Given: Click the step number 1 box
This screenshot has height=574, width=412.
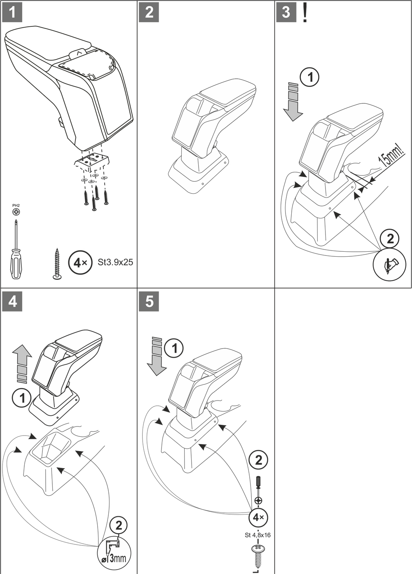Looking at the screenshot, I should click(x=12, y=12).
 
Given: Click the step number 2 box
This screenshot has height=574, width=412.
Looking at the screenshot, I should click(x=149, y=12).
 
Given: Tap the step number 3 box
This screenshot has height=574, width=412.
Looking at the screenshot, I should click(x=286, y=12).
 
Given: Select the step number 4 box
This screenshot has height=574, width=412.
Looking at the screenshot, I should click(x=12, y=301).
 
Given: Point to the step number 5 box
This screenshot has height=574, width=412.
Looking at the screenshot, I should click(x=149, y=301).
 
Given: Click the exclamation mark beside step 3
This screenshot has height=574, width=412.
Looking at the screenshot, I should click(x=304, y=13).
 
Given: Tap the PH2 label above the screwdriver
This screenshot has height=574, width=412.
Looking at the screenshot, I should click(x=16, y=205).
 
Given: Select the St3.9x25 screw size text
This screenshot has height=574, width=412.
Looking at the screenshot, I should click(x=115, y=262).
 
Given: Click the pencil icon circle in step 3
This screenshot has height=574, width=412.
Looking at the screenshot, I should click(x=389, y=264).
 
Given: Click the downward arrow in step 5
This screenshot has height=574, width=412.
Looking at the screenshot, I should click(x=157, y=356).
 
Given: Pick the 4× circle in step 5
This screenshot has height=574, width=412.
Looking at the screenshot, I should click(x=259, y=517).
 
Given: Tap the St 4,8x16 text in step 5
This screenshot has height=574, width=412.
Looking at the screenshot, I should click(x=257, y=535).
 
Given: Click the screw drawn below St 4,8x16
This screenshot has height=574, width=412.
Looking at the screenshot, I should click(x=258, y=555).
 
